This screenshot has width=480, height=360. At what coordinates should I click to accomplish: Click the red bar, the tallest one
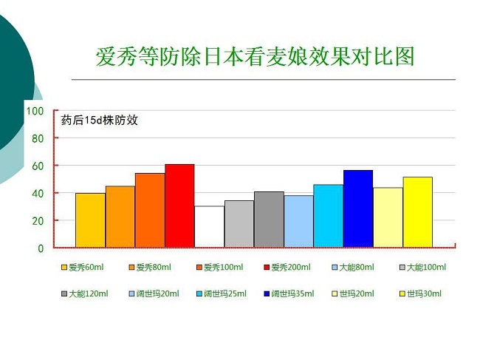coord(179,206)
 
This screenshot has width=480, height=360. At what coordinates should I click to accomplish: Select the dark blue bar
coord(358,208)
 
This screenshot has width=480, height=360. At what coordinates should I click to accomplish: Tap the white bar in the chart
coord(210,226)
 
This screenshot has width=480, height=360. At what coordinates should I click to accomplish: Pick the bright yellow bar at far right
coord(417,212)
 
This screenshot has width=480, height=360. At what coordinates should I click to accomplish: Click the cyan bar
coord(328,216)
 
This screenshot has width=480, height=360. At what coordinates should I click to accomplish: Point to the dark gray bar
coord(269,220)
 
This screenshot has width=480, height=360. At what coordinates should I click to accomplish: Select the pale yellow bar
coord(388,217)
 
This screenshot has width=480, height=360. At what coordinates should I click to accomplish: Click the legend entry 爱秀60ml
coord(83,267)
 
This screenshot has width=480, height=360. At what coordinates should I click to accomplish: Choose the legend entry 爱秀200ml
coord(287,267)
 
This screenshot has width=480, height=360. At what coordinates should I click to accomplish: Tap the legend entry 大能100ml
coord(423,267)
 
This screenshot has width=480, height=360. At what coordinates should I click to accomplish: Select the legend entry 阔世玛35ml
coord(289,293)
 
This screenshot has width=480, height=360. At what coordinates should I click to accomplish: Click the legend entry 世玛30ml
coord(421,293)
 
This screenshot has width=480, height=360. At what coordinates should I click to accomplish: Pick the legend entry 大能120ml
coord(85,293)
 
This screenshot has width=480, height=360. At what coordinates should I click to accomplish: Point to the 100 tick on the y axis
coord(35,111)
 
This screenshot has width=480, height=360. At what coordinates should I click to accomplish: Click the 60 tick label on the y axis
coord(38,166)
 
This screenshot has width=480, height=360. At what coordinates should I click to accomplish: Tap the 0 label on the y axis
coord(41,248)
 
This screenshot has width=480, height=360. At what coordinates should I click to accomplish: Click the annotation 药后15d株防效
coord(100,120)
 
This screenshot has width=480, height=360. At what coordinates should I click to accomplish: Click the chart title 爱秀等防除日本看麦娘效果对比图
coord(255,56)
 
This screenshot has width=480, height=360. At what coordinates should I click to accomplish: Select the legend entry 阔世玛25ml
coord(222,293)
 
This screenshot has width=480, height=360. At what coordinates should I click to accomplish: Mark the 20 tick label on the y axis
coord(38,221)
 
